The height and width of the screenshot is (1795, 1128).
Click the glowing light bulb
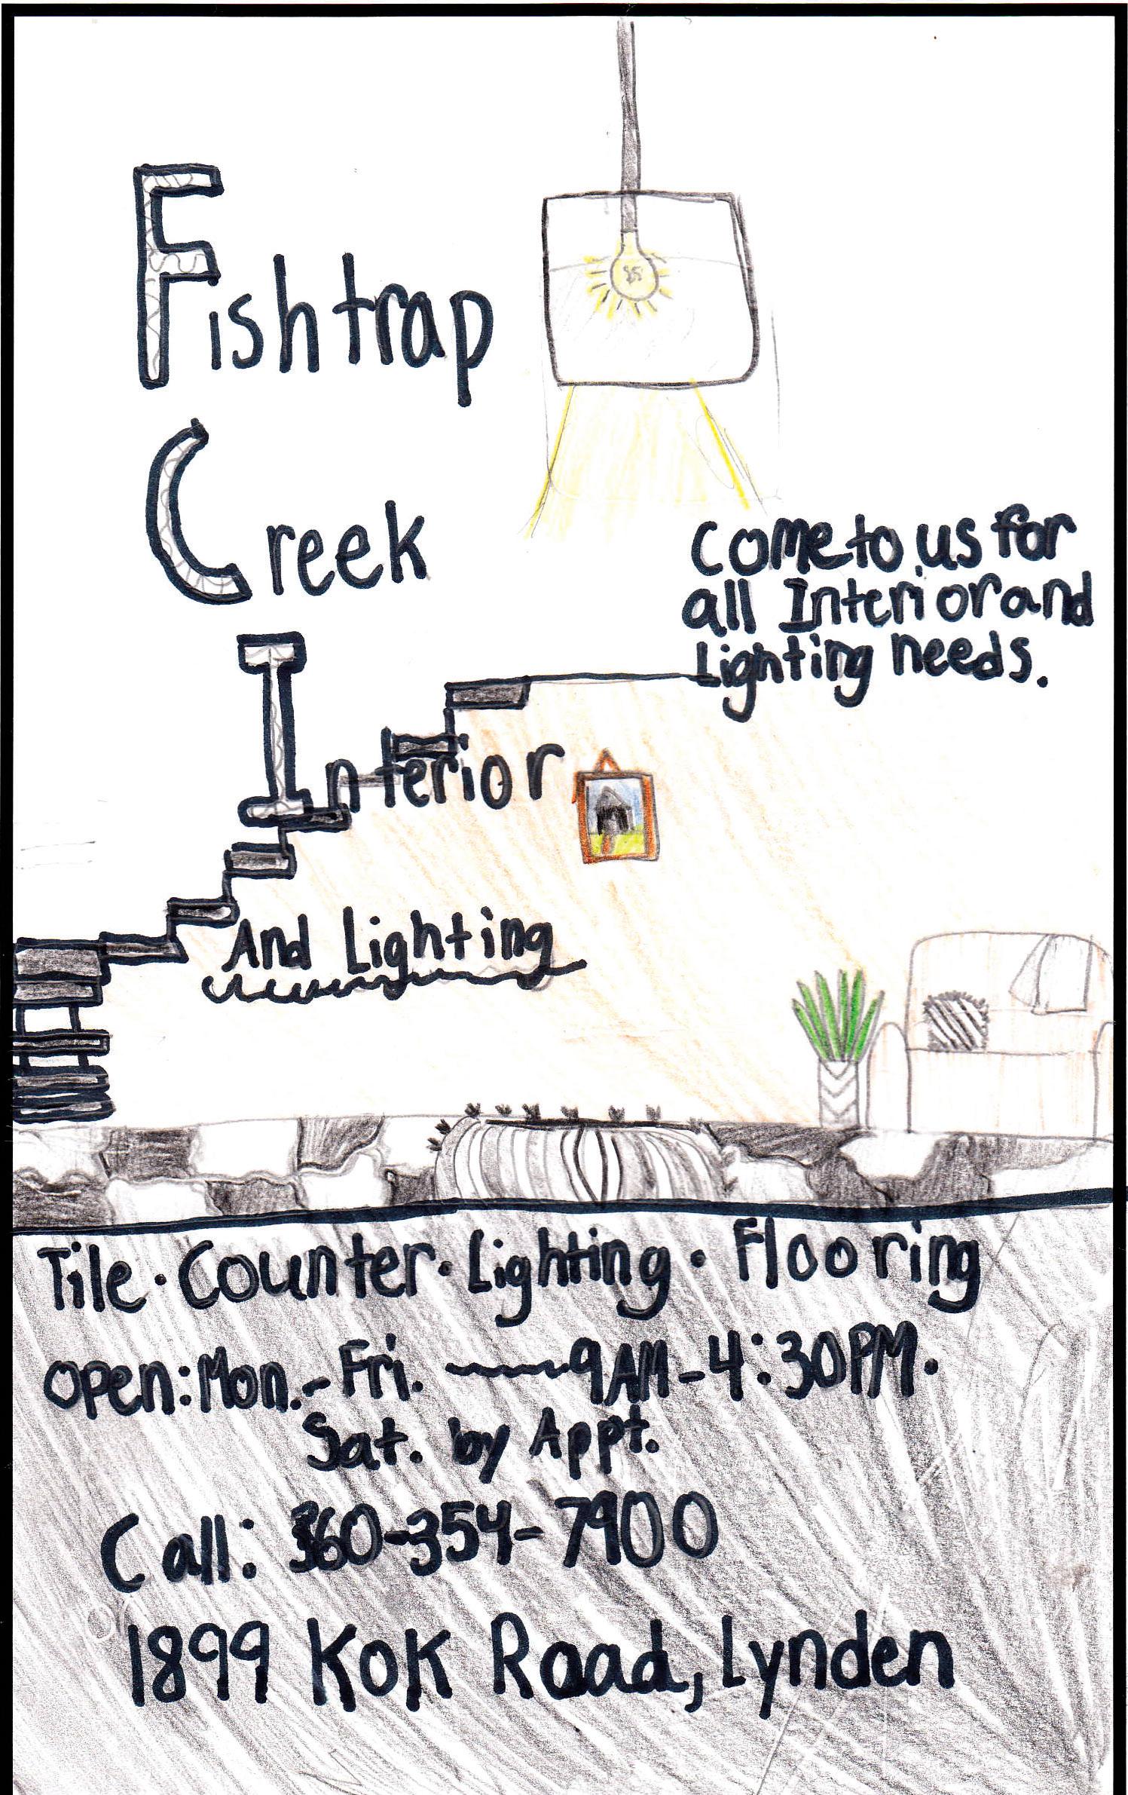pos(629,274)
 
